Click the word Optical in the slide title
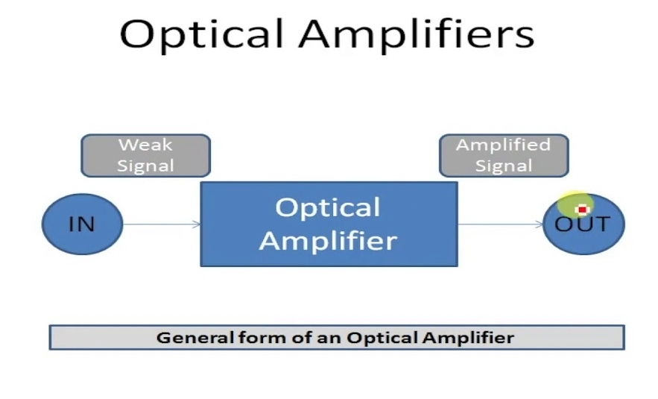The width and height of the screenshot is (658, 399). tap(202, 35)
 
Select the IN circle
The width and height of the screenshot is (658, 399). tap(82, 224)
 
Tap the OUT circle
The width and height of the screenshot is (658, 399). tap(583, 224)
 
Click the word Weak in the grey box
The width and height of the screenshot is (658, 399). tap(145, 145)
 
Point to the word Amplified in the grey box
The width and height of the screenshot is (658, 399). tap(503, 145)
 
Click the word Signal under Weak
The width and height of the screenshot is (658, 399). tap(145, 166)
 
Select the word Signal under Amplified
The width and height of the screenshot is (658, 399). tap(504, 166)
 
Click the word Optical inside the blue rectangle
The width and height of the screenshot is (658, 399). tap(328, 207)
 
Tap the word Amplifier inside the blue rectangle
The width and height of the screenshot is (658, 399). tap(328, 240)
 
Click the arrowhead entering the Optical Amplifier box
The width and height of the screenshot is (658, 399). tap(197, 224)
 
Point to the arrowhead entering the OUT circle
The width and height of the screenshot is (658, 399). tap(540, 224)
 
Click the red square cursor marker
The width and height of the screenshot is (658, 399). tap(582, 209)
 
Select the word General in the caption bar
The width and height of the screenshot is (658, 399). tap(195, 338)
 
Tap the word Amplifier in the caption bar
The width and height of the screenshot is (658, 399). tap(468, 338)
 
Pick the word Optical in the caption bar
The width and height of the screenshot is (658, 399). tap(382, 338)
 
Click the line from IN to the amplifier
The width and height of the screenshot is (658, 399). tap(162, 224)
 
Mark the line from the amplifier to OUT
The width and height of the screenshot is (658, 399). tap(501, 224)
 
